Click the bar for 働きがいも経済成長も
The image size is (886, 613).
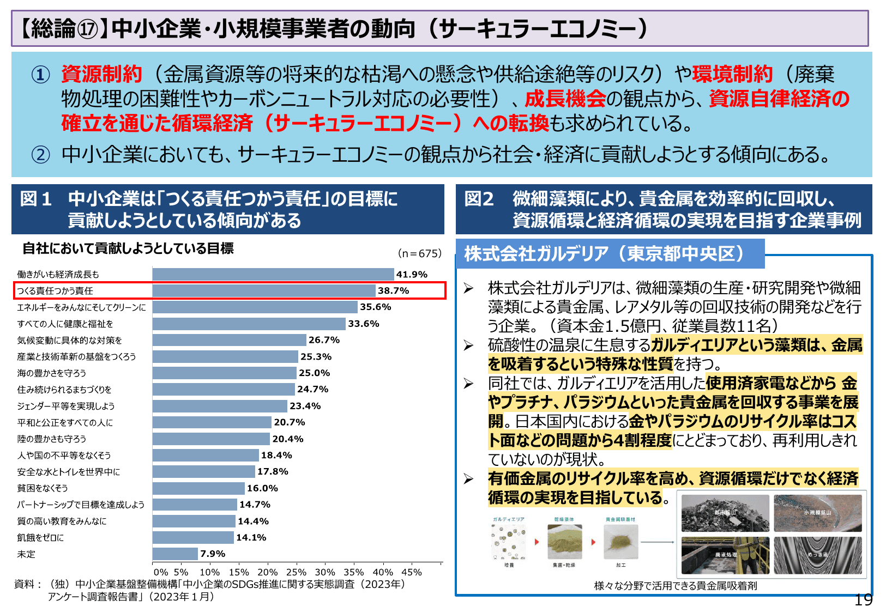tap(273, 274)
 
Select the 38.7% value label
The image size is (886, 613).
tap(393, 290)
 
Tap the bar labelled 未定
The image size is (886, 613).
tap(175, 554)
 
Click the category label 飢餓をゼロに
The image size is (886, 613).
tap(40, 537)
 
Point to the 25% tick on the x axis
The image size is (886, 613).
tap(296, 572)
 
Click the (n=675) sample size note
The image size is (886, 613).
tap(419, 253)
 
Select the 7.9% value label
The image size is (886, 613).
tap(213, 554)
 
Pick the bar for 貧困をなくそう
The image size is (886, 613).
tap(198, 488)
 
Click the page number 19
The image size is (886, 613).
tap(863, 600)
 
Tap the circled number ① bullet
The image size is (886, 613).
tap(40, 74)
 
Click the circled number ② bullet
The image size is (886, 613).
tap(40, 155)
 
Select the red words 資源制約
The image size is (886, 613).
tap(101, 74)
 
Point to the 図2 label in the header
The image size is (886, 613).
tap(479, 199)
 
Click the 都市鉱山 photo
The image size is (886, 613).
tap(725, 513)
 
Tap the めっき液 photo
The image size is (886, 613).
tap(817, 555)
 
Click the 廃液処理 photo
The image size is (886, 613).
tap(725, 555)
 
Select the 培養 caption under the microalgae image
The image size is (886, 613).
tap(509, 565)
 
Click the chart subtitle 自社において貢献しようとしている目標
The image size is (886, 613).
tap(128, 248)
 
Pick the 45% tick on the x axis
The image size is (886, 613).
tap(412, 572)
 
